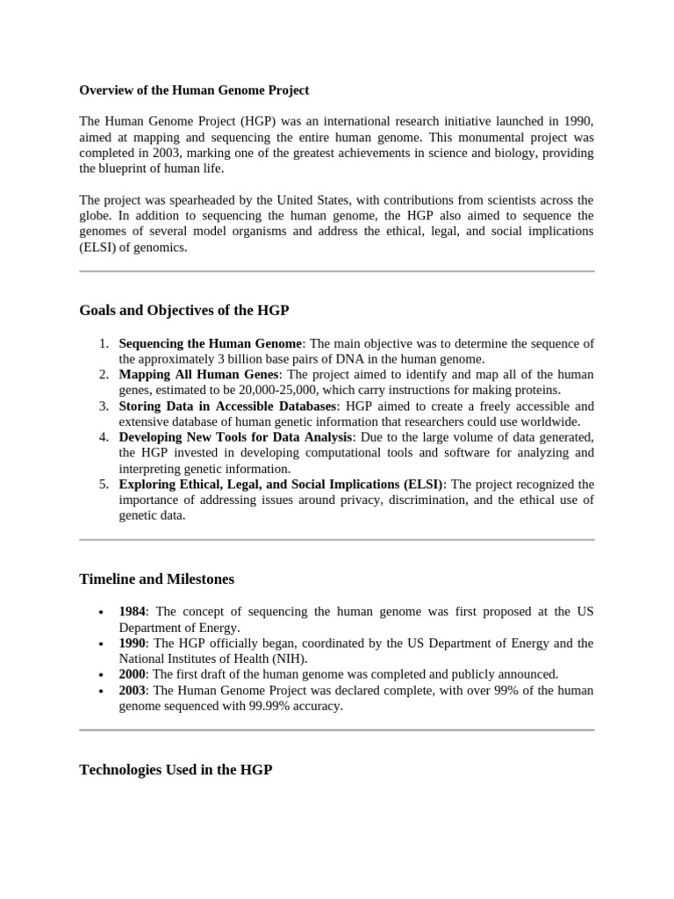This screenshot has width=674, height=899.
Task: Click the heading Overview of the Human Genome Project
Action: (194, 90)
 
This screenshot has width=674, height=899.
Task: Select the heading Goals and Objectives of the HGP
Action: (183, 310)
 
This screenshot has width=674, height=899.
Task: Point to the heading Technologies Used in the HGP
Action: (176, 769)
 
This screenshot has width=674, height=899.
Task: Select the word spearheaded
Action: (226, 200)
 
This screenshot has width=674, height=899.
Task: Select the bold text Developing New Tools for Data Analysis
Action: (236, 437)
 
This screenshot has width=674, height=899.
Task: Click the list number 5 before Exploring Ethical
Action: (104, 485)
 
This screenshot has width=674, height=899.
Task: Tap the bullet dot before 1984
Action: (104, 612)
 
